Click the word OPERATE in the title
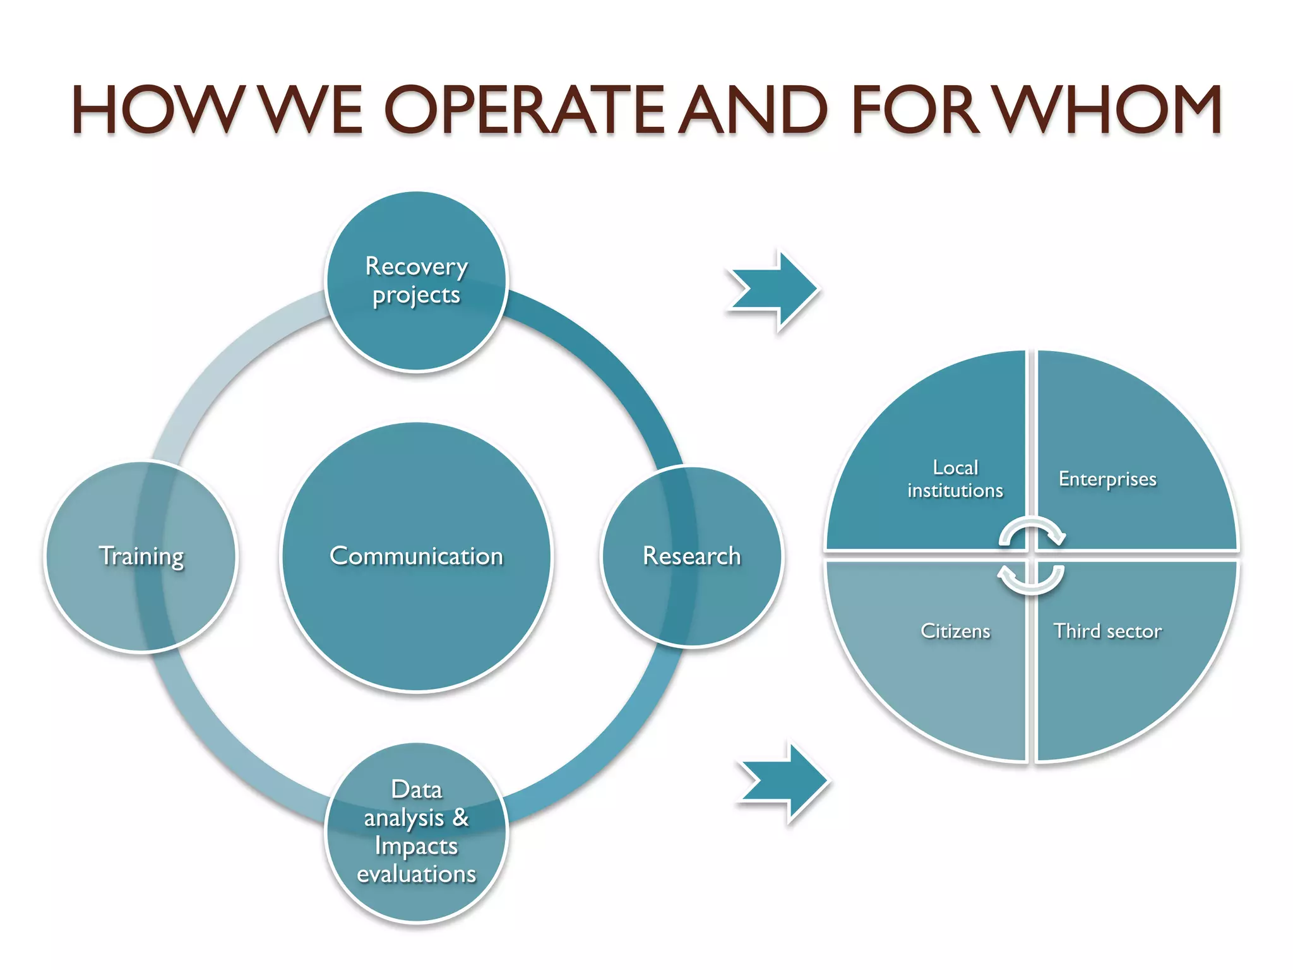click(x=524, y=111)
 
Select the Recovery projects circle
click(x=416, y=280)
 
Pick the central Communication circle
click(x=416, y=556)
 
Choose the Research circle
click(x=691, y=556)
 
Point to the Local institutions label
click(x=955, y=479)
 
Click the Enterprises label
click(x=1107, y=479)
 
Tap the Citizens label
click(x=955, y=631)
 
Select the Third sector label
click(x=1107, y=631)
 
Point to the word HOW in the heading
click(x=158, y=111)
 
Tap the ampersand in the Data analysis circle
click(x=460, y=817)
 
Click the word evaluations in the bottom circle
click(x=416, y=874)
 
